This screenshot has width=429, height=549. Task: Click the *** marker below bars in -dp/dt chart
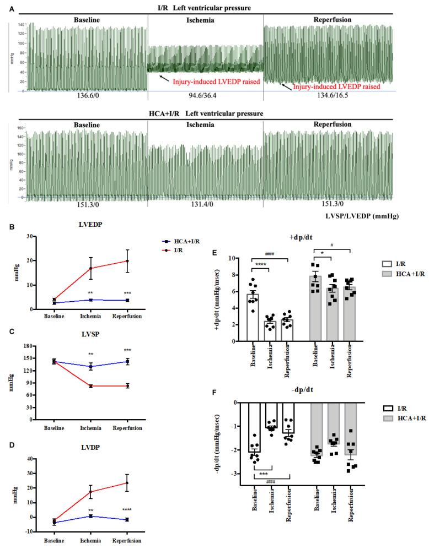pos(263,473)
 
